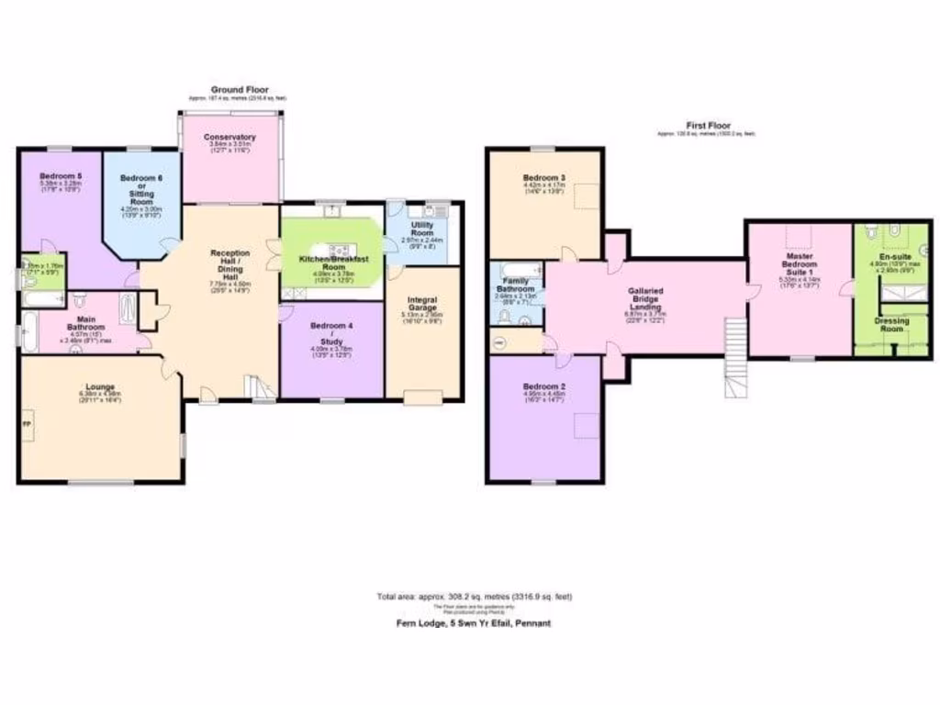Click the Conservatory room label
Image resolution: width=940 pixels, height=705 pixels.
pos(230,138)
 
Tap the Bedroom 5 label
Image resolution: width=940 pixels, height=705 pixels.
pos(62,175)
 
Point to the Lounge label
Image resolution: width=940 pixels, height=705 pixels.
pos(100,387)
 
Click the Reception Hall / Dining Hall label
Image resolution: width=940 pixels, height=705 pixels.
pos(225,263)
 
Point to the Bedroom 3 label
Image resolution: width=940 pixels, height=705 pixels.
pos(544,177)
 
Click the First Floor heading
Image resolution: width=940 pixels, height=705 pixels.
pos(705,125)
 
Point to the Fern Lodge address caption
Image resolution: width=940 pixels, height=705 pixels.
pos(468,622)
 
